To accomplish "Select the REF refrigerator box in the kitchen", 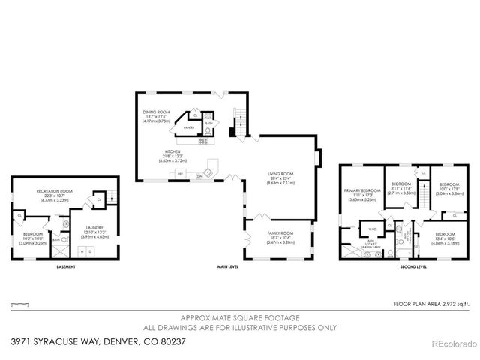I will click(x=180, y=175).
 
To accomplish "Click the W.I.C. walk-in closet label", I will click(x=371, y=229).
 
